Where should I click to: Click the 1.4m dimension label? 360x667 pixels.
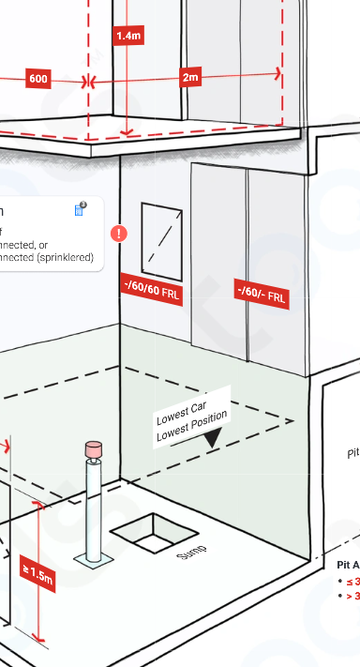tap(128, 36)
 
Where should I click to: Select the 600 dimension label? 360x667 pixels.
tap(38, 80)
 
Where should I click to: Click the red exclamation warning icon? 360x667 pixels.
tap(120, 233)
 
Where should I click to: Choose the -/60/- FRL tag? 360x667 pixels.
tap(262, 293)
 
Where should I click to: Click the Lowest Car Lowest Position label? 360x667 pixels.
tap(192, 415)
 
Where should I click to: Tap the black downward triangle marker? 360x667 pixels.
tap(214, 437)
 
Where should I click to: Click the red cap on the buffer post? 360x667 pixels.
tap(94, 449)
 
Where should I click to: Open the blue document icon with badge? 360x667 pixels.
tap(81, 209)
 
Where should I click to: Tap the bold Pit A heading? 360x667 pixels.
tap(348, 565)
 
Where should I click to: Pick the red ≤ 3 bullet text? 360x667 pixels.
tap(352, 582)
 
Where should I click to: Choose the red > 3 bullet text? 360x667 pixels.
tap(352, 596)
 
